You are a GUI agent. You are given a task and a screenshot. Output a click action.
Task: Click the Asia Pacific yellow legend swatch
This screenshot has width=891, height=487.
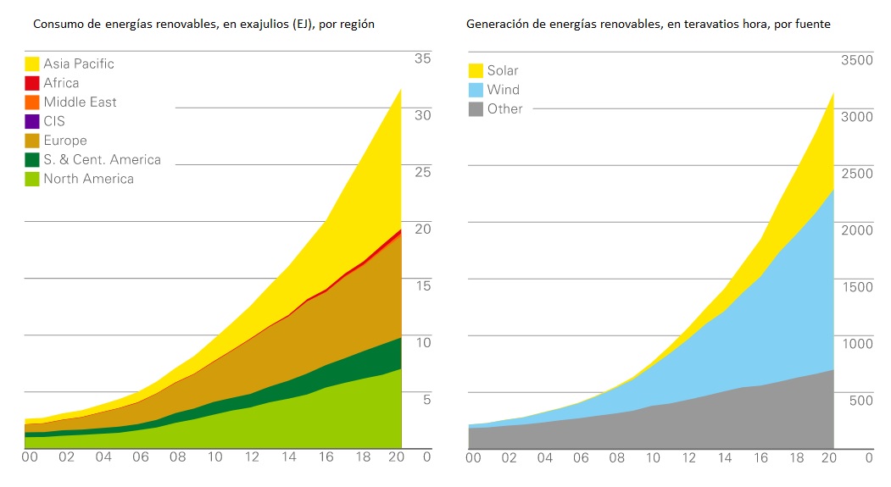[x=33, y=64]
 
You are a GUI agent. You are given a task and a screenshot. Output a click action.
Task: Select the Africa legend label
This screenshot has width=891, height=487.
[x=61, y=83]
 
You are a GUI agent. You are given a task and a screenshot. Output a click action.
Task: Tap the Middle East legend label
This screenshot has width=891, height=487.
[x=80, y=102]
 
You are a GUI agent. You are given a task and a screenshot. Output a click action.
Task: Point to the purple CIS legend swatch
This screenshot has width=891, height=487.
[x=33, y=121]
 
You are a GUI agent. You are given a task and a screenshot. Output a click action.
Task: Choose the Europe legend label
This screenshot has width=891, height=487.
[x=65, y=141]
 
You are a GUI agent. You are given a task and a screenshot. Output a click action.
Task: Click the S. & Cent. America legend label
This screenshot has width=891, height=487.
[x=102, y=159]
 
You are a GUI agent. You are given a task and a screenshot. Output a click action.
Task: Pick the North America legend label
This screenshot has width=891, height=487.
[x=88, y=179]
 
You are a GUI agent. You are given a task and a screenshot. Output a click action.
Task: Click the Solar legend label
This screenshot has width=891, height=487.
[x=502, y=70]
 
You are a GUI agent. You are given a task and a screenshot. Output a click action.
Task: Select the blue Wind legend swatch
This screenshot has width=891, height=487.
[x=476, y=90]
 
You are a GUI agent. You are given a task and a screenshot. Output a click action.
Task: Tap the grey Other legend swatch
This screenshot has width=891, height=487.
[x=476, y=108]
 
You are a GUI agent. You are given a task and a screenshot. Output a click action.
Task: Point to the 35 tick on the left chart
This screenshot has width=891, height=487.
[x=422, y=58]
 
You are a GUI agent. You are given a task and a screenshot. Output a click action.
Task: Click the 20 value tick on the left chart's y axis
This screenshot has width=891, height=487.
[x=422, y=229]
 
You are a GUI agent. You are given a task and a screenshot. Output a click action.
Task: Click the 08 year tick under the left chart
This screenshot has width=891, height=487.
[x=176, y=457]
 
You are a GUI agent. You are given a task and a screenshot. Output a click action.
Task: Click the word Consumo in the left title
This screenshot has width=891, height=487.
[x=58, y=25]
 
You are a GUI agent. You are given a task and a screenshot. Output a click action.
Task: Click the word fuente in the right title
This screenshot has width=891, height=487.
[x=810, y=25]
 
